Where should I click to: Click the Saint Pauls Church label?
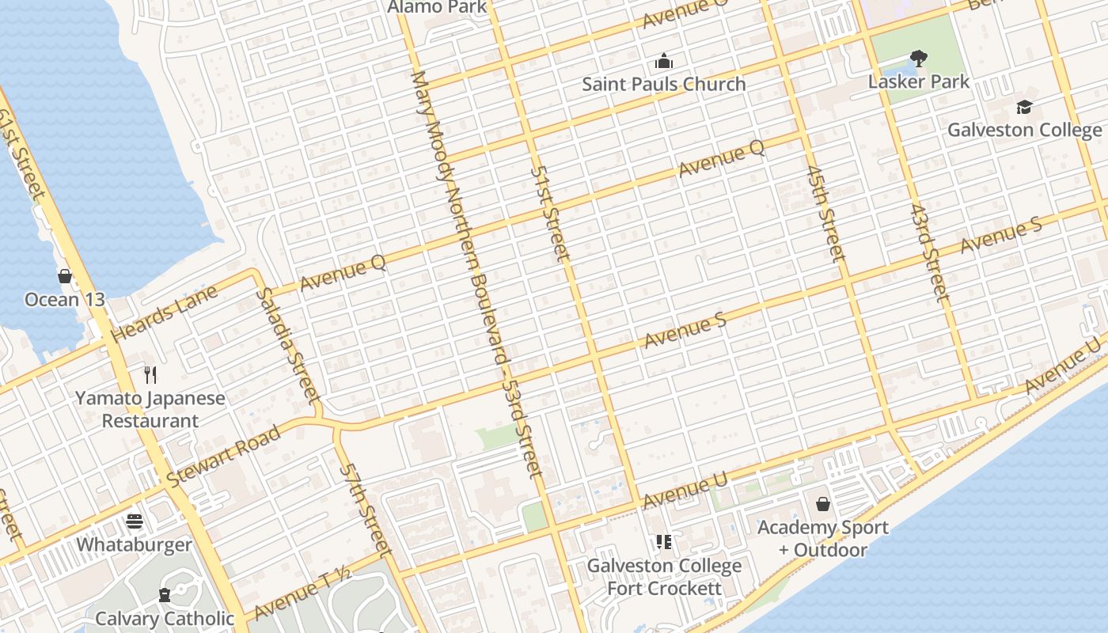click(x=663, y=84)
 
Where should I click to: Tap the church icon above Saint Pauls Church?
click(x=663, y=61)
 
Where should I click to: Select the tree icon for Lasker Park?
click(x=918, y=58)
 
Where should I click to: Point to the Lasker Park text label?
click(x=918, y=81)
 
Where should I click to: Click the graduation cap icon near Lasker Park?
click(x=1024, y=107)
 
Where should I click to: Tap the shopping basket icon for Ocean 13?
click(x=65, y=276)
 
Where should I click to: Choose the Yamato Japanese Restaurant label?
click(x=150, y=409)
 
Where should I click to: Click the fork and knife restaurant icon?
click(x=150, y=374)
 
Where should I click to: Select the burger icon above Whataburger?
click(x=135, y=521)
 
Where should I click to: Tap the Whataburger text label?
click(x=135, y=545)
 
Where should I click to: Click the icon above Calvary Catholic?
click(x=165, y=594)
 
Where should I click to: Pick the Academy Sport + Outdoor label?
click(x=823, y=538)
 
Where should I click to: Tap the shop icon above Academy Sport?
click(x=823, y=504)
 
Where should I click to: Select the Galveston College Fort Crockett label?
click(x=664, y=577)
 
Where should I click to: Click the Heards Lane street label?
click(x=164, y=314)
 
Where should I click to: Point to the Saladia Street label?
click(x=287, y=345)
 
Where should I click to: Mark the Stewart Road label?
click(x=224, y=456)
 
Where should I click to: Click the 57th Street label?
click(x=366, y=508)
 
